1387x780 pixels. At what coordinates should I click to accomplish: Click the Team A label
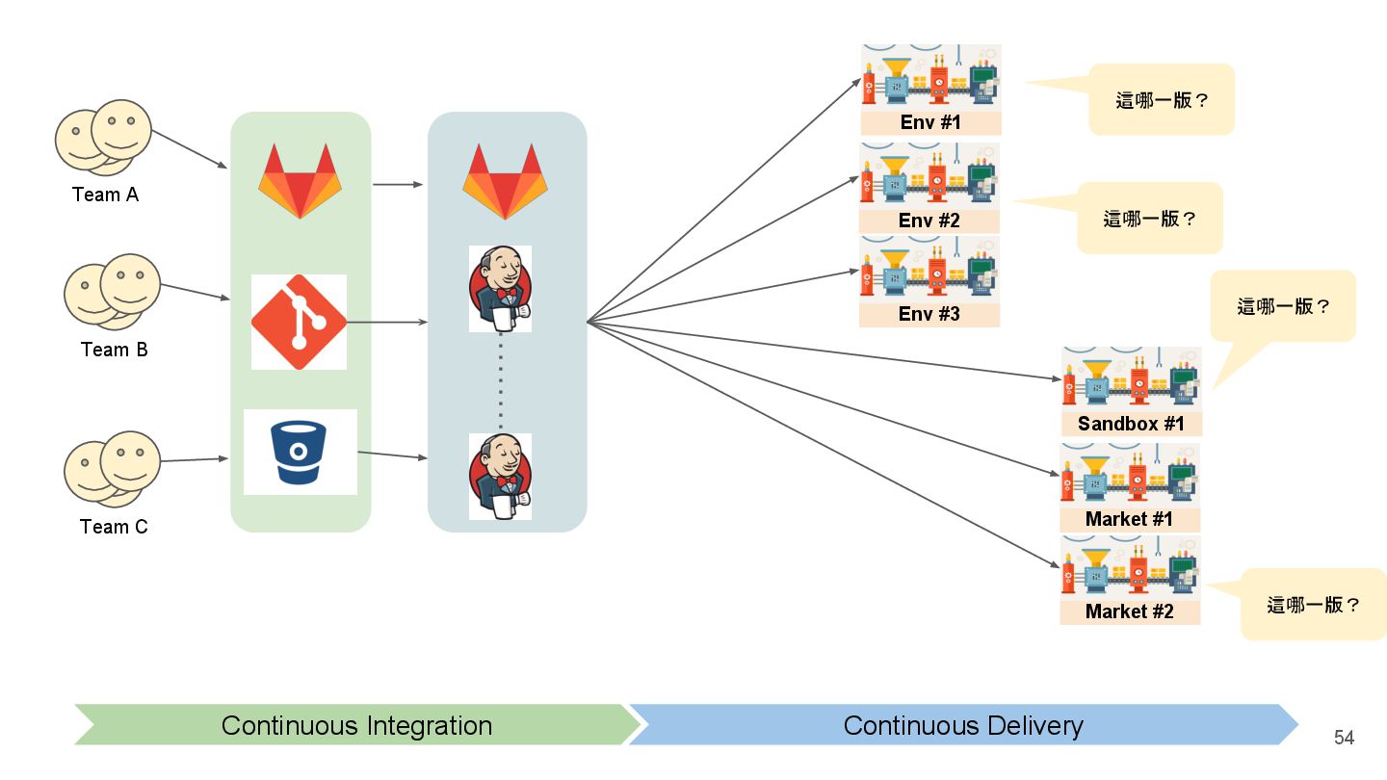pyautogui.click(x=105, y=195)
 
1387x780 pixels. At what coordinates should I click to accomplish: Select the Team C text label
pyautogui.click(x=114, y=527)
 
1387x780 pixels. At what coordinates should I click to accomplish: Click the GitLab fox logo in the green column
pyautogui.click(x=300, y=180)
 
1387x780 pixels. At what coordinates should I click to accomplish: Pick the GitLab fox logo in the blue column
pyautogui.click(x=505, y=181)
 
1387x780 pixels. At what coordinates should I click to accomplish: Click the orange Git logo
pyautogui.click(x=299, y=322)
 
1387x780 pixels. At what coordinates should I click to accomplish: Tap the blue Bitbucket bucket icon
pyautogui.click(x=300, y=452)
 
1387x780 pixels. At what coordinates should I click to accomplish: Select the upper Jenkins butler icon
pyautogui.click(x=500, y=288)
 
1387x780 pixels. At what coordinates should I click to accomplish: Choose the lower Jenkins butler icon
pyautogui.click(x=500, y=476)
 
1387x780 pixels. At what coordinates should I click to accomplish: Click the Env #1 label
pyautogui.click(x=930, y=123)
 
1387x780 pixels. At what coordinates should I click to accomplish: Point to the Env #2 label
pyautogui.click(x=929, y=221)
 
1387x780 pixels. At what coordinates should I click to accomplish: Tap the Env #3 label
pyautogui.click(x=929, y=314)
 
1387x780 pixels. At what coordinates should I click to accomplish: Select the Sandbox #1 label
pyautogui.click(x=1131, y=424)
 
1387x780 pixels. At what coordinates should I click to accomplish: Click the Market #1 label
pyautogui.click(x=1129, y=519)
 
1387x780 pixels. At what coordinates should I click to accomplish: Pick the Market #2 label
pyautogui.click(x=1130, y=611)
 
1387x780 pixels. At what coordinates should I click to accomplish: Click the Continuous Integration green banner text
pyautogui.click(x=356, y=725)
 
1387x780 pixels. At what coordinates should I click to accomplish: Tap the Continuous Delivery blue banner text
pyautogui.click(x=963, y=725)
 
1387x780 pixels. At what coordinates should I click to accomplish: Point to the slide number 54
pyautogui.click(x=1344, y=738)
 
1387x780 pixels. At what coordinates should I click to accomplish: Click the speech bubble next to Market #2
pyautogui.click(x=1313, y=605)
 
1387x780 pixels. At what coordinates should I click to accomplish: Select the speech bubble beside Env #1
pyautogui.click(x=1162, y=99)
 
